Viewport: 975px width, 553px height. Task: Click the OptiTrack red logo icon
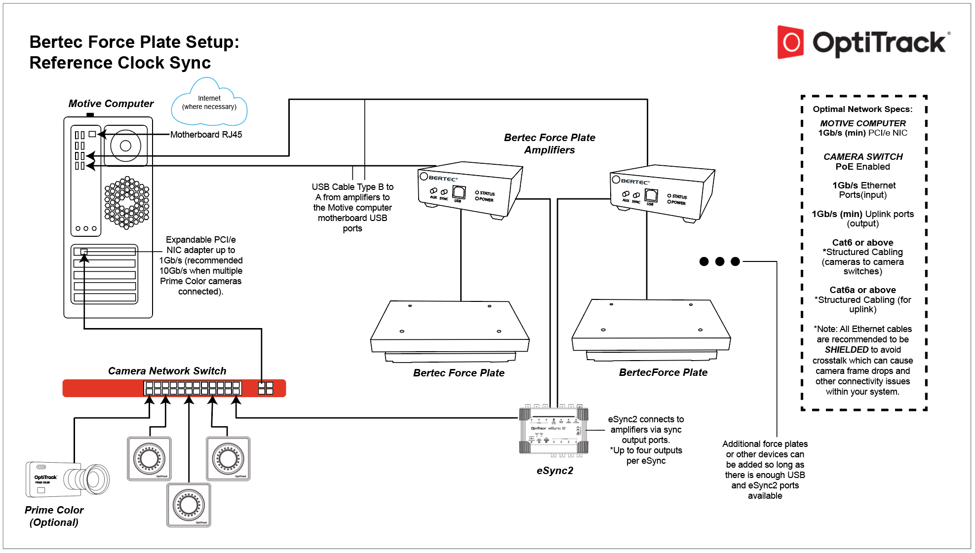(790, 42)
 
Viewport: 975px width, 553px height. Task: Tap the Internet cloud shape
(209, 103)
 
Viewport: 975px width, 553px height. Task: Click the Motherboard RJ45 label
(206, 135)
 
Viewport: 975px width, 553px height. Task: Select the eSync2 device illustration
(553, 430)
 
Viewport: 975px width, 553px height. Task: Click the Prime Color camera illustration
(67, 479)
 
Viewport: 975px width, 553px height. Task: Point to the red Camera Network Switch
(174, 388)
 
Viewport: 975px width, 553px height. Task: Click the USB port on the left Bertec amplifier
(459, 192)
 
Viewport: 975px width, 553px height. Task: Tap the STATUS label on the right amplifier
(679, 196)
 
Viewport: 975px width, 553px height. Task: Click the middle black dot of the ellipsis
(719, 261)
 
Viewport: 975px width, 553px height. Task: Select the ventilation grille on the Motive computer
(127, 202)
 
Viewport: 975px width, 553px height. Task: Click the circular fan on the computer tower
(125, 146)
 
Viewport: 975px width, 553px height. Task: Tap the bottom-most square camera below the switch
(189, 505)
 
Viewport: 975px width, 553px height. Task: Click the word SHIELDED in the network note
(846, 350)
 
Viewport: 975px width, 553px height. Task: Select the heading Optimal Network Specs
(862, 109)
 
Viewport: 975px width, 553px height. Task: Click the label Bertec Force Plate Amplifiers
(549, 144)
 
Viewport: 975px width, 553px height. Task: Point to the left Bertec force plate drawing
(450, 331)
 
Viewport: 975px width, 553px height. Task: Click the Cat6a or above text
(862, 290)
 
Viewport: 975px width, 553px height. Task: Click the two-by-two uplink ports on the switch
(265, 388)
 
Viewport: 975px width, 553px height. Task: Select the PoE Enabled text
(862, 167)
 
